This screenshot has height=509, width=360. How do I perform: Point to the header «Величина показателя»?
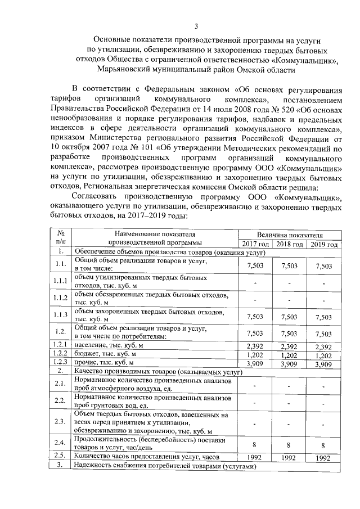coord(290,234)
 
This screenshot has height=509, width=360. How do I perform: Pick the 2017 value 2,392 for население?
coord(255,345)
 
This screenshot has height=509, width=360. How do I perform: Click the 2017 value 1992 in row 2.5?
coord(255,457)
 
